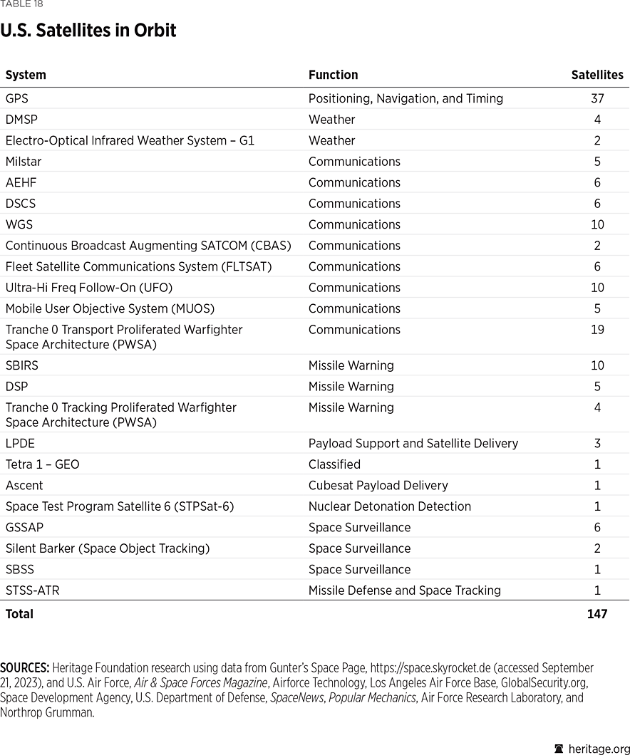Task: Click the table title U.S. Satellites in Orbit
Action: coord(88,31)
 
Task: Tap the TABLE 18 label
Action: coord(21,4)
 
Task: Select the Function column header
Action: coord(333,75)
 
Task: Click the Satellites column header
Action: coord(597,75)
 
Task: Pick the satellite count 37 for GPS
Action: coord(597,98)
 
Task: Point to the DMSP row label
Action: coord(21,120)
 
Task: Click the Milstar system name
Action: coord(24,162)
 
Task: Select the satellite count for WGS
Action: coord(597,224)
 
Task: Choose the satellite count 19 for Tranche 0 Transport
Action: coord(597,330)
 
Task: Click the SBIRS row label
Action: coord(22,365)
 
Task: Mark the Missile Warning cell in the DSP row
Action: coord(351,387)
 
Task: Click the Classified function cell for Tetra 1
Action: coord(334,464)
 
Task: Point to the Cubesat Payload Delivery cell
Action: coord(378,486)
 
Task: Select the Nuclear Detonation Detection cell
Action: coord(389,506)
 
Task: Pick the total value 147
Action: coord(597,614)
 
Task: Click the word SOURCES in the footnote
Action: coord(24,668)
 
